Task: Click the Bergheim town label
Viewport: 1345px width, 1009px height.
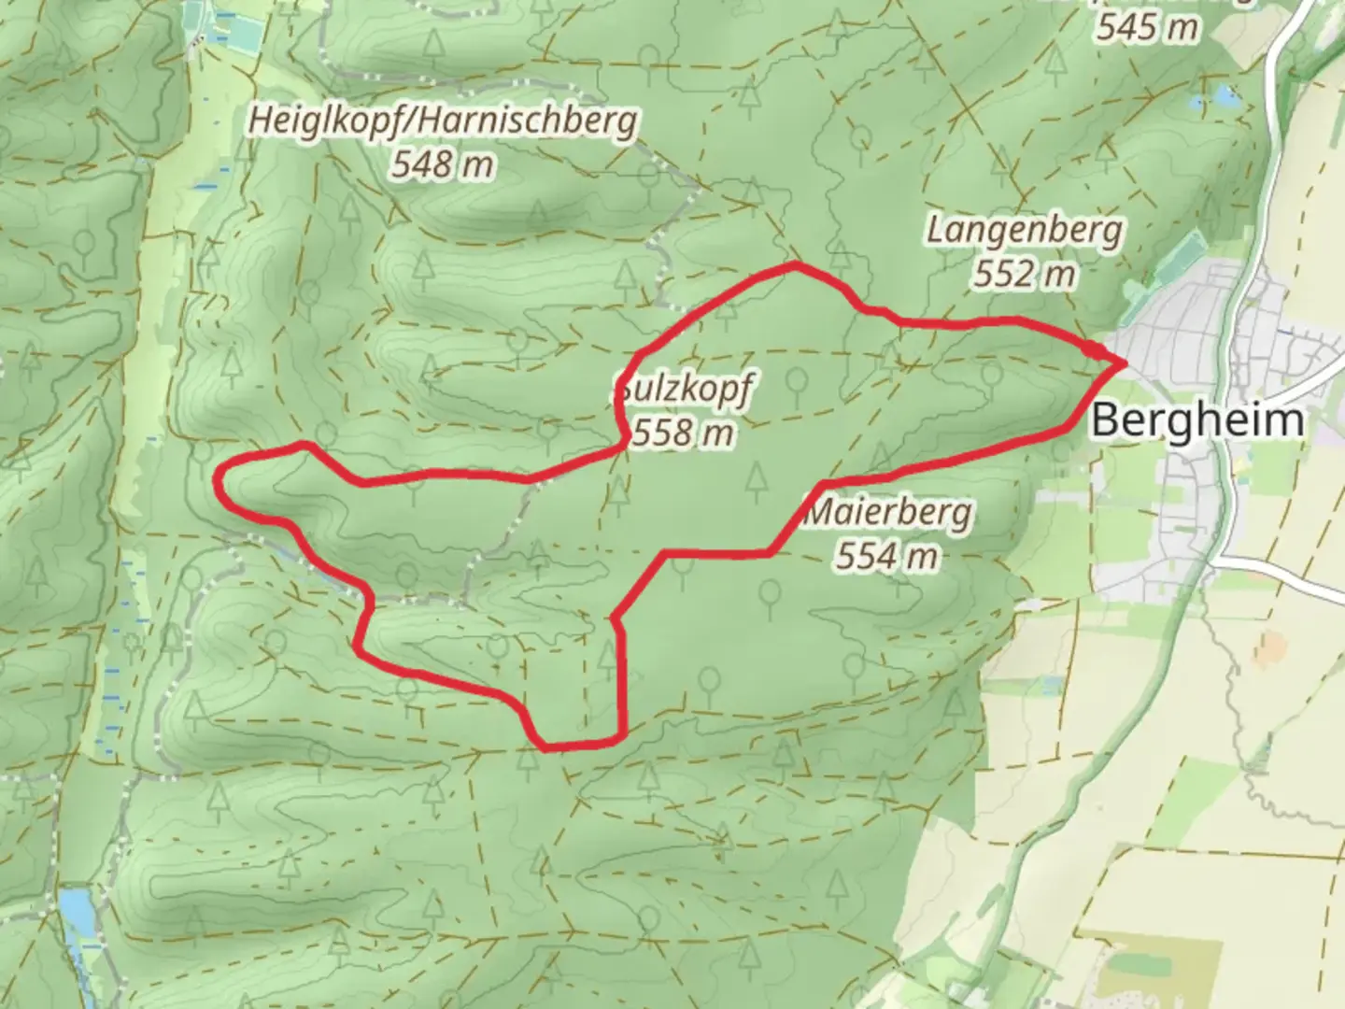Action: [x=1196, y=419]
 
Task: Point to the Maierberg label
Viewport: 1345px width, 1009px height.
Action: [x=888, y=512]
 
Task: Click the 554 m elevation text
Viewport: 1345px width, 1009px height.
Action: [x=886, y=557]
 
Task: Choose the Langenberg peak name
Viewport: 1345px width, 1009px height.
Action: [x=1025, y=229]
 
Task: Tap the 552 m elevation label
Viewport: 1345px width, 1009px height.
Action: [x=1024, y=274]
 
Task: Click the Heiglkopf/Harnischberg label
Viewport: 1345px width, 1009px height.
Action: [x=443, y=120]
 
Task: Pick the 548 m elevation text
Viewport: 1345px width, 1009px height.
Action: [x=442, y=165]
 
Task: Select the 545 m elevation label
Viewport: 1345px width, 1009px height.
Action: [x=1147, y=28]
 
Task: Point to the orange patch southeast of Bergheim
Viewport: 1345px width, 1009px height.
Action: [x=1270, y=645]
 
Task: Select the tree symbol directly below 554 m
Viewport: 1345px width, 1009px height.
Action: [x=854, y=664]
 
